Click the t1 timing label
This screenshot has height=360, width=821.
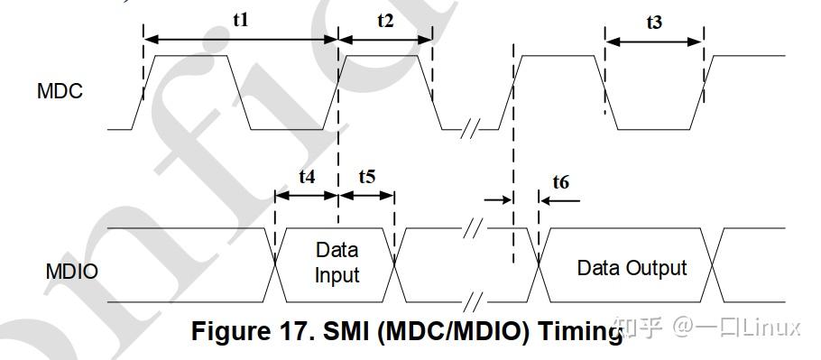coord(240,20)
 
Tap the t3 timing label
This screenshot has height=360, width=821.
coord(654,22)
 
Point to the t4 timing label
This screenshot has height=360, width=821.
coord(306,177)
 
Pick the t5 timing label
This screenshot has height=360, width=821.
coord(366,177)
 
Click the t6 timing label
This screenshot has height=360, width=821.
coord(560,182)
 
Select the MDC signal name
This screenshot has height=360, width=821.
coord(60,91)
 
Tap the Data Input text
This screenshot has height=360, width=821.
coord(337,262)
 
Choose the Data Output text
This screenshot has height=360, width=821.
coord(632,268)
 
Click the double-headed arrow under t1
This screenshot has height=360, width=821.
coord(240,40)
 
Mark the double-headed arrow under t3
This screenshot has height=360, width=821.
coord(654,41)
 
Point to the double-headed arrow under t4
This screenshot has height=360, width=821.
coord(306,196)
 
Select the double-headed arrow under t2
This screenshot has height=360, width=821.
coord(385,40)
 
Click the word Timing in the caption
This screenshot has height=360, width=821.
coord(578,331)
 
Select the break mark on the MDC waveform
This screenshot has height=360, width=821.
coord(467,129)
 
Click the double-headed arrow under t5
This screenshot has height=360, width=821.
coord(366,196)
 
